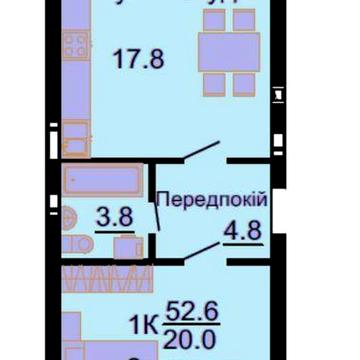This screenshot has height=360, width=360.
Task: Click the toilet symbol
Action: click(71, 222)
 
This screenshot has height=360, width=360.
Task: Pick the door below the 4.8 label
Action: click(196, 255)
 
